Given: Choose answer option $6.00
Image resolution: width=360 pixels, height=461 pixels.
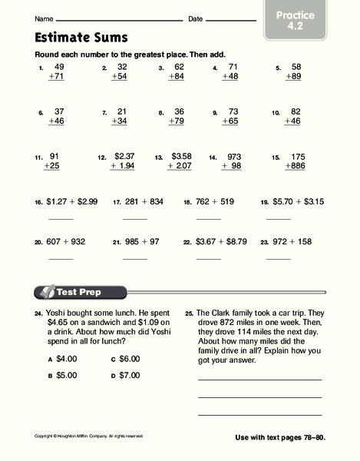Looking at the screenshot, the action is (x=130, y=359).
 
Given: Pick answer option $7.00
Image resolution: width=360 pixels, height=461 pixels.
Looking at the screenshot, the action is (x=130, y=376).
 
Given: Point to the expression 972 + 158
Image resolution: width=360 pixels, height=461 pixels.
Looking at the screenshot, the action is (x=297, y=241).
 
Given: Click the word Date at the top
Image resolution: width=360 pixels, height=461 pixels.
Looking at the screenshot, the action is (x=195, y=18).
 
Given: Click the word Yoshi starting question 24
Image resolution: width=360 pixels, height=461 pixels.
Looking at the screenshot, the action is (x=58, y=313).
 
